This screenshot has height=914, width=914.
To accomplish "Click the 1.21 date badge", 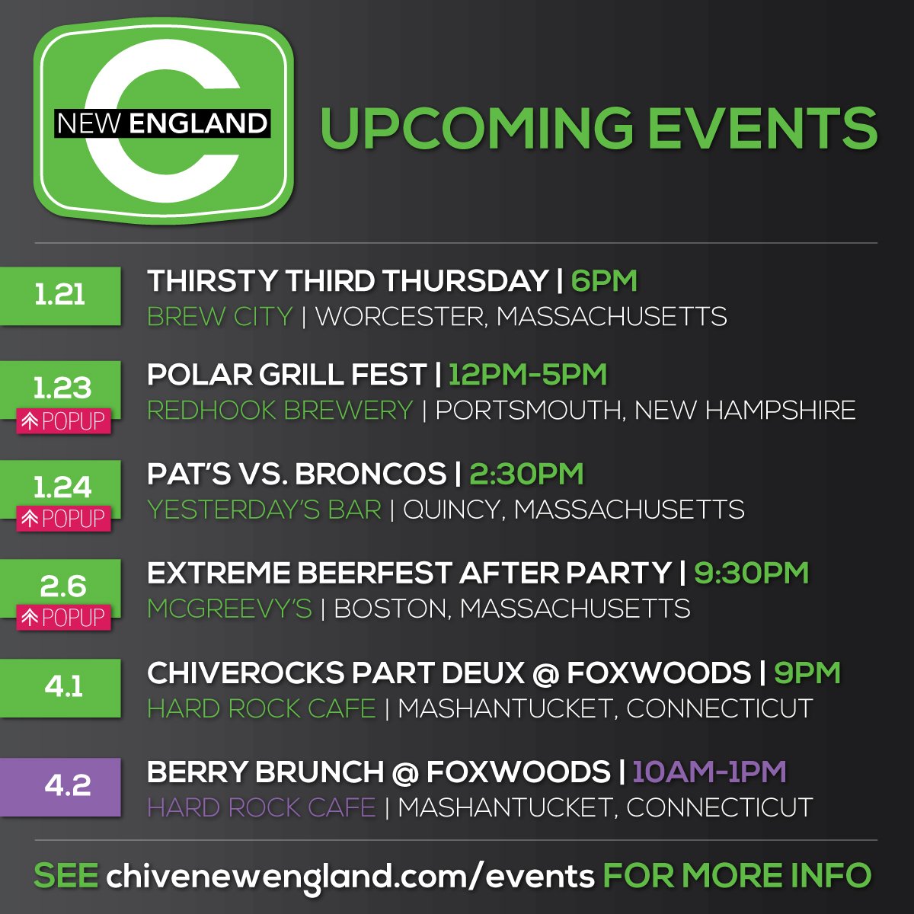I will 60,296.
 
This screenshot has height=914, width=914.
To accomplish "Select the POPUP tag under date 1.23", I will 64,420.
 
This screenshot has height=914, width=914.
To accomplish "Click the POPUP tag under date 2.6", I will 64,617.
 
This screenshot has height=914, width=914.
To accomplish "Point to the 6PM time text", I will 604,281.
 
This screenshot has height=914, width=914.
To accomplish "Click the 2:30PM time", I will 526,474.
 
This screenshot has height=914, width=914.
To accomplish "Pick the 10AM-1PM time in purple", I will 709,772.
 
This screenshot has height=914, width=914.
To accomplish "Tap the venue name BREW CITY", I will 219,316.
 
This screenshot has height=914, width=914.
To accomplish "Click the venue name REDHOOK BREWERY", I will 280,411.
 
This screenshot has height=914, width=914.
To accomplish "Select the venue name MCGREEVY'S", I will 229,609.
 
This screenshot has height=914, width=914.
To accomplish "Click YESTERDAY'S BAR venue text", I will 264,510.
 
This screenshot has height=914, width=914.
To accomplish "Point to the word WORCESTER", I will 401,316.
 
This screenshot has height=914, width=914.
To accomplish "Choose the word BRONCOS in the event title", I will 370,474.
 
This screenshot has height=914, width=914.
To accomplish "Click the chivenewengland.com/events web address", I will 350,876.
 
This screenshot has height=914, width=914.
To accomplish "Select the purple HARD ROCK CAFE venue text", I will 261,807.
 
